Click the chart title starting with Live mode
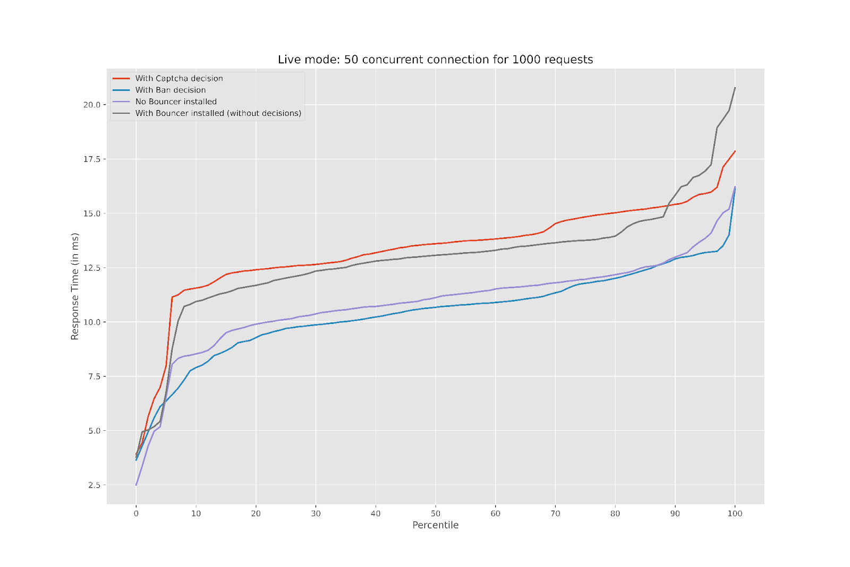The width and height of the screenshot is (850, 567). click(435, 60)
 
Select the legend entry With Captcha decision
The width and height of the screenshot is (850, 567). click(179, 78)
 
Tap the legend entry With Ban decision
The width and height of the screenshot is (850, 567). click(171, 90)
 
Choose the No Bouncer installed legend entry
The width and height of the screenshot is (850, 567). click(176, 102)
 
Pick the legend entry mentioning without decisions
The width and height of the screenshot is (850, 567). click(218, 113)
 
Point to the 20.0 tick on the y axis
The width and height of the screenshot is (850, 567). click(91, 105)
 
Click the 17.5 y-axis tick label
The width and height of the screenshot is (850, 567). click(91, 159)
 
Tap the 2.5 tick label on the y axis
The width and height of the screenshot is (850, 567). click(93, 485)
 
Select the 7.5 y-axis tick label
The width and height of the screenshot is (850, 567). click(93, 377)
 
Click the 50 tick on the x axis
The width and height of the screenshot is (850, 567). click(436, 513)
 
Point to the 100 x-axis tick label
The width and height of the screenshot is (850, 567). click(735, 513)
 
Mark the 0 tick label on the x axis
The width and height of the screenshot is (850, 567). click(136, 513)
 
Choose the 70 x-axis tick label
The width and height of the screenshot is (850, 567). click(555, 513)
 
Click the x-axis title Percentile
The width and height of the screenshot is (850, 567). click(435, 525)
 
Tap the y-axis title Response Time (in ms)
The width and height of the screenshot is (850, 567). click(75, 286)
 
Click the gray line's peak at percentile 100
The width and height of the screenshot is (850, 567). click(735, 88)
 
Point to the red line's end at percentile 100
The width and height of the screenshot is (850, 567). click(735, 151)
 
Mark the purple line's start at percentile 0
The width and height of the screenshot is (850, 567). click(136, 485)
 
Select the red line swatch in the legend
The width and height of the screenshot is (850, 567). click(121, 78)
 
